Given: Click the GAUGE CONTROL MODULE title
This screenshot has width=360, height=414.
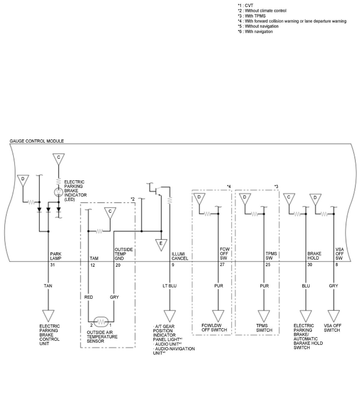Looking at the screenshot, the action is coord(37,141).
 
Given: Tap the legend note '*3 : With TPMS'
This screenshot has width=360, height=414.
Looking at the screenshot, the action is coord(251,16).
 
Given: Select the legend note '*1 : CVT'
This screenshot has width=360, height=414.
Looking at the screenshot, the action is coord(245,5).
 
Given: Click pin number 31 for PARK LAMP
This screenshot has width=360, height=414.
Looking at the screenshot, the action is coord(52,265).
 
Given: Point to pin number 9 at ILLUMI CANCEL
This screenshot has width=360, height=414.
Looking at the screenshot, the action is coord(173,265).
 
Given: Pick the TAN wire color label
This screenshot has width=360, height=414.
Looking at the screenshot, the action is coord(48,286).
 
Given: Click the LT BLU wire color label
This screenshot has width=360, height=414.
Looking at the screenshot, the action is coord(169,286).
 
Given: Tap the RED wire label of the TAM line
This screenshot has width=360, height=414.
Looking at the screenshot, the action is coord(88,297).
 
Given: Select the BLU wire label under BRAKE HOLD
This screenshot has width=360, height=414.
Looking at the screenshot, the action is coord(306,286).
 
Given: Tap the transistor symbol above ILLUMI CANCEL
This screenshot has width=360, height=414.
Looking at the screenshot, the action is coord(157,190).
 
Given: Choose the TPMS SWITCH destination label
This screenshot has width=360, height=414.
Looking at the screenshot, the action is coord(264,328).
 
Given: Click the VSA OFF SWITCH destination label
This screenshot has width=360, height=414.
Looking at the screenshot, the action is coord(332,328).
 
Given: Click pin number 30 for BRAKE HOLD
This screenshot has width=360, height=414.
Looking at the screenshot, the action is coord(310,265).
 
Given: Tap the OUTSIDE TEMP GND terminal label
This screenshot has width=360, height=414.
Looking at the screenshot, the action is coord(124,254).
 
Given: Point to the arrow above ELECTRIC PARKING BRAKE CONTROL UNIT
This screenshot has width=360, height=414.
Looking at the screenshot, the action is coord(48,316).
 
